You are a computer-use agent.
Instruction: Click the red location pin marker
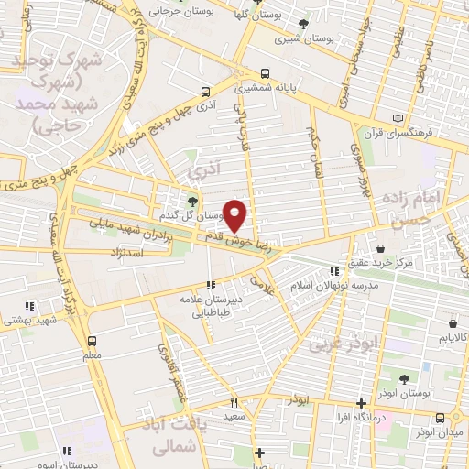tap(235, 216)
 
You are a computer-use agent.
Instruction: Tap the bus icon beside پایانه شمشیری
tap(265, 73)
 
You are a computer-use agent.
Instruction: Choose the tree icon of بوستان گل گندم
tap(192, 202)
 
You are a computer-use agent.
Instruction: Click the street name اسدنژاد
tap(125, 251)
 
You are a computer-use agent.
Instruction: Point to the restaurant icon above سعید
tap(234, 401)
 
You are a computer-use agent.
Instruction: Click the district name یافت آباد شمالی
tap(180, 435)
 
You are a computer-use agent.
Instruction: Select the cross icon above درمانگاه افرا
tap(362, 402)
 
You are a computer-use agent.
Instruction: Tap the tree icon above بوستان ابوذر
tap(404, 377)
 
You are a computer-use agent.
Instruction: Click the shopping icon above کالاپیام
tap(453, 322)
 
